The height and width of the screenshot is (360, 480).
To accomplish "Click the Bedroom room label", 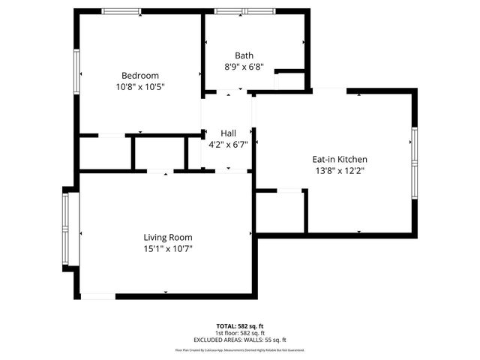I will [140, 75].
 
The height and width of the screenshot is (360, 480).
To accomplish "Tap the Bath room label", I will [244, 55].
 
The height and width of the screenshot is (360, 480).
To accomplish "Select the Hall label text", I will [228, 133].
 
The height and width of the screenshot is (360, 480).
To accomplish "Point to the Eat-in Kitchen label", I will [339, 159].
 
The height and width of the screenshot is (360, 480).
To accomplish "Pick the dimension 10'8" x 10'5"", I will [140, 87].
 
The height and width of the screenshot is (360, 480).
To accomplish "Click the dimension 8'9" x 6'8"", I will [244, 67].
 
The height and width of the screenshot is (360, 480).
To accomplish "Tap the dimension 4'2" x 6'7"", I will [228, 144].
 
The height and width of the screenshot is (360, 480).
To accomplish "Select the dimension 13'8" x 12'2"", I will [339, 170].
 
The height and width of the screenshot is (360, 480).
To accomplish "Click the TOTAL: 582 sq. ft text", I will [240, 326].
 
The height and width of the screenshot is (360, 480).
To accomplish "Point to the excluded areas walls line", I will [240, 340].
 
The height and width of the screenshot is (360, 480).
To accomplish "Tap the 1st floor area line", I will [240, 333].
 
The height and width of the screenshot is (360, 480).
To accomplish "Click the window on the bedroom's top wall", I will [121, 11].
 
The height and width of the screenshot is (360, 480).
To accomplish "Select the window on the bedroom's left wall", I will [76, 72].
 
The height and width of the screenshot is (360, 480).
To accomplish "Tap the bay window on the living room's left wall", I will [70, 229].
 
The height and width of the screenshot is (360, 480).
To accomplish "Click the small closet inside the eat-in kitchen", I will [280, 211].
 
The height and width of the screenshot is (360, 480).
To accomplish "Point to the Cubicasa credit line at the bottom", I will [240, 349].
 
